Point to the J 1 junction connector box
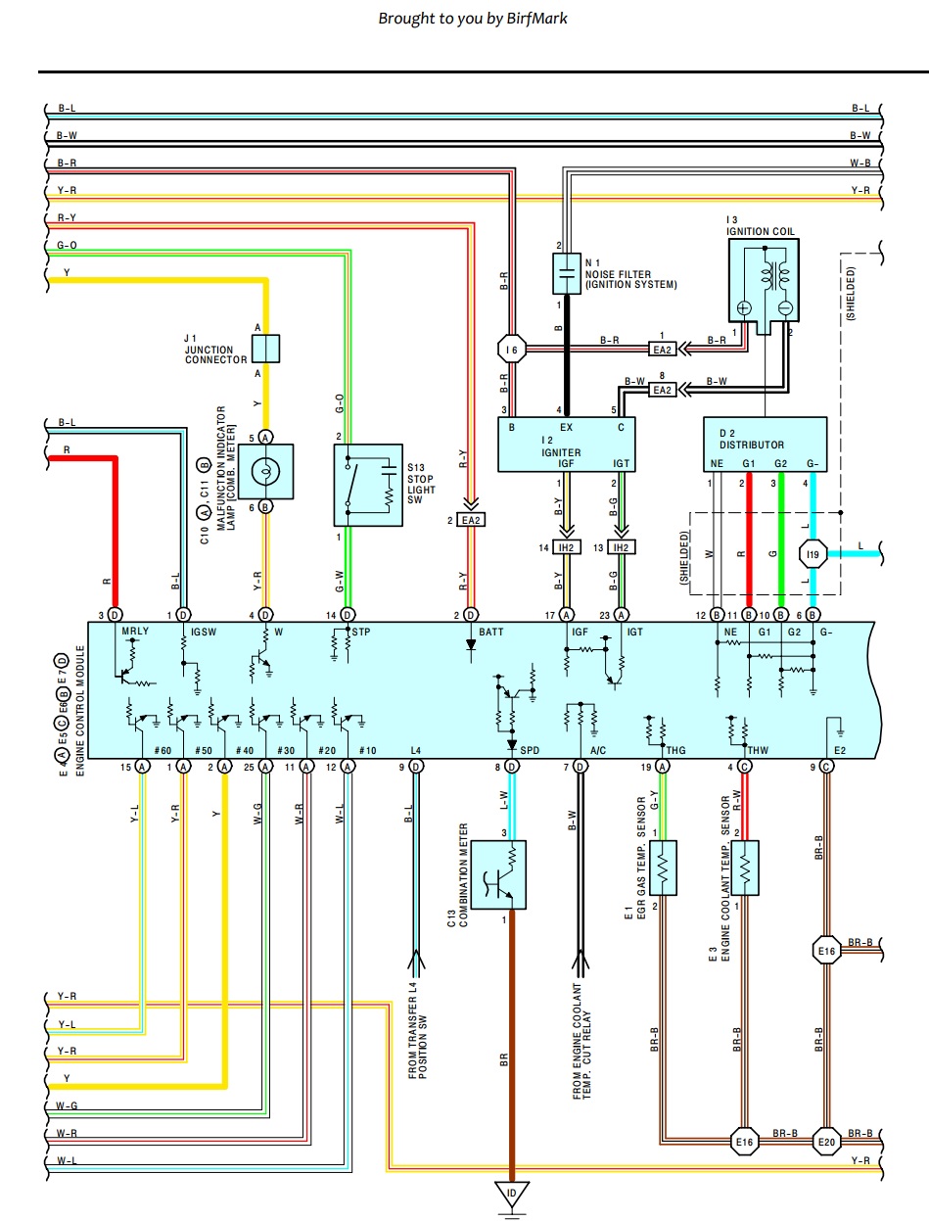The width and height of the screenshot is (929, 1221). (x=266, y=349)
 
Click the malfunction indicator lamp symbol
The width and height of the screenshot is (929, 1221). (x=265, y=471)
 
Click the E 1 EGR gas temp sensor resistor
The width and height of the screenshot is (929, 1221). (x=663, y=868)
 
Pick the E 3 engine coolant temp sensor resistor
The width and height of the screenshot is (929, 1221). (x=746, y=868)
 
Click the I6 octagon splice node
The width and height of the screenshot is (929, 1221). (x=510, y=350)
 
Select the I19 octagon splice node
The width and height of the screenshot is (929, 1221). (x=813, y=555)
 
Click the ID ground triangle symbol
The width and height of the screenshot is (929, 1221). (x=510, y=1194)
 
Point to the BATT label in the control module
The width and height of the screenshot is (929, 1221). (x=491, y=633)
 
